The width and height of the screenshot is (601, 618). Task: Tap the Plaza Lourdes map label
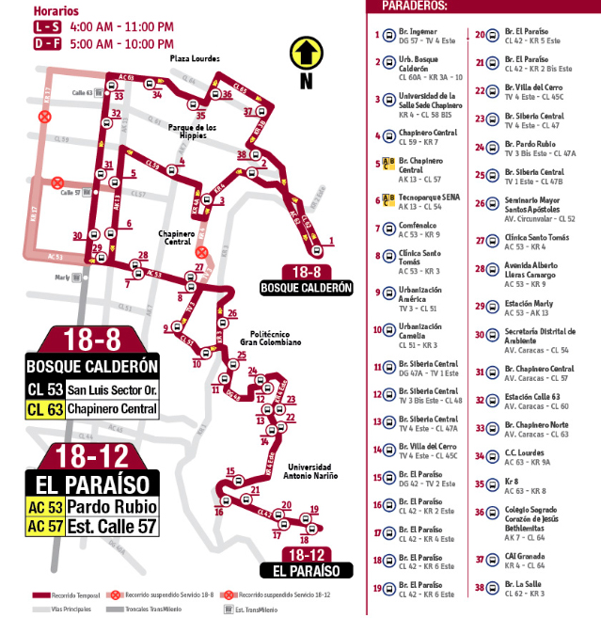[x=195, y=58]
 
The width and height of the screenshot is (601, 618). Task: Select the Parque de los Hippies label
[x=193, y=132]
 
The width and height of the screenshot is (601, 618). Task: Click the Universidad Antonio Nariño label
[x=309, y=472]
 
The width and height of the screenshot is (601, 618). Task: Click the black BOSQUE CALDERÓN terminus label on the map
[x=306, y=287]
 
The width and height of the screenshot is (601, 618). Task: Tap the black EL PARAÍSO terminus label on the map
[x=306, y=570]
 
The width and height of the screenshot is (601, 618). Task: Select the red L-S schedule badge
[x=48, y=26]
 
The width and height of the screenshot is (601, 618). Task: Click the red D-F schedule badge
[x=48, y=43]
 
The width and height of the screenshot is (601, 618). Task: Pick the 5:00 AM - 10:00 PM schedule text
[x=121, y=43]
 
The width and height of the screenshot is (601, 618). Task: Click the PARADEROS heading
[x=415, y=6]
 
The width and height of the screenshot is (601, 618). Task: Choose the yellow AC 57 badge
[x=44, y=527]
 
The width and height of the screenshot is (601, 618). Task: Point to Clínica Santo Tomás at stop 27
[x=536, y=238]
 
